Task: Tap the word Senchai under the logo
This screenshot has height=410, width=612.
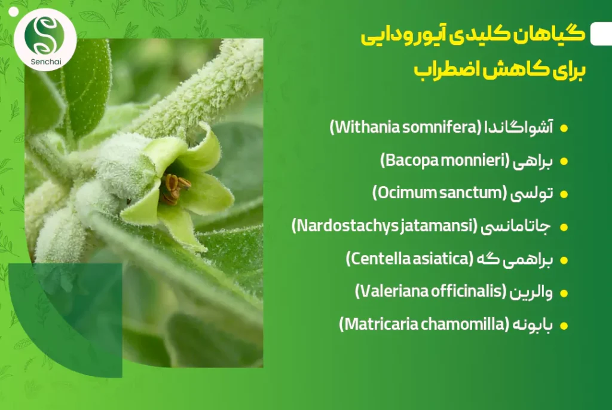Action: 45,62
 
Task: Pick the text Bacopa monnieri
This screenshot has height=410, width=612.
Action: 445,160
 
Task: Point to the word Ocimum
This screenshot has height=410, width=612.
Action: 406,193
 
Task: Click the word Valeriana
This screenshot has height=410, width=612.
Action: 392,291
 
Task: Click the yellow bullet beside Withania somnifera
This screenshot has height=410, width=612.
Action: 564,128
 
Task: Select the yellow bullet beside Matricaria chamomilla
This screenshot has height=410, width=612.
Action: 564,326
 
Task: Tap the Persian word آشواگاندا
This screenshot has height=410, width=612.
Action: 519,127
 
